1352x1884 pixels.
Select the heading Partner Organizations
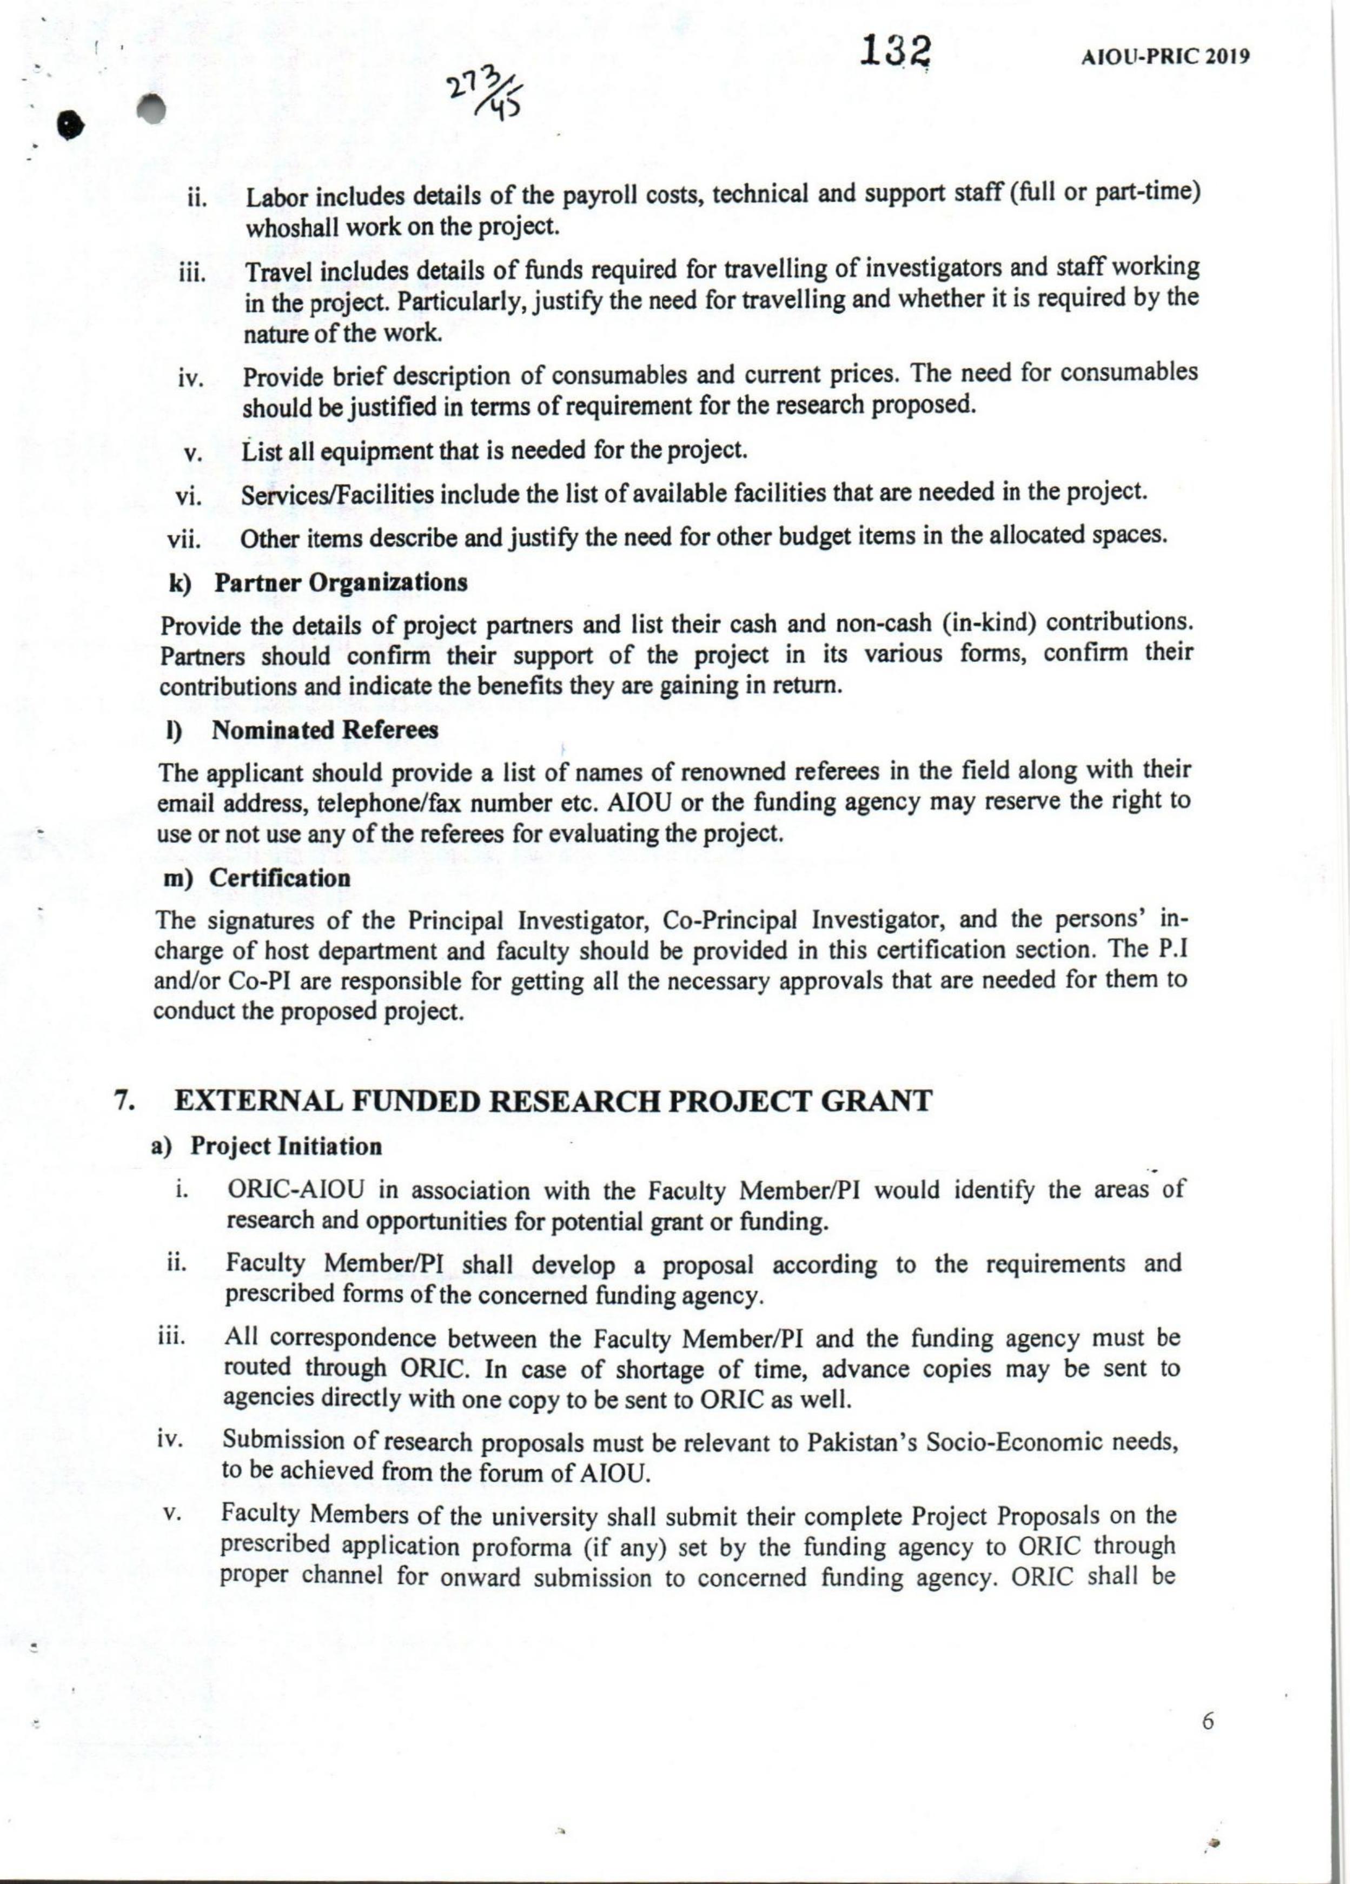coord(341,582)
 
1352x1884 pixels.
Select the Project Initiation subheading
coord(286,1146)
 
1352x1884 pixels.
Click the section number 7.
coord(123,1102)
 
